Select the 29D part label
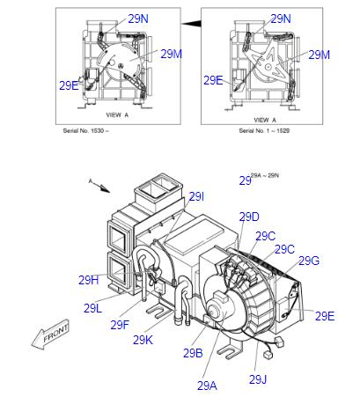click(249, 217)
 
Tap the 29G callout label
click(308, 261)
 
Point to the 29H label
click(88, 280)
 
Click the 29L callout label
click(94, 308)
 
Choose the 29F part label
click(120, 325)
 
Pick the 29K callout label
click(143, 340)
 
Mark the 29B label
click(193, 353)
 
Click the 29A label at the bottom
click(207, 385)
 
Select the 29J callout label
click(257, 379)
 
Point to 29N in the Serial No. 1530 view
click(138, 18)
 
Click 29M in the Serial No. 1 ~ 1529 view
click(319, 55)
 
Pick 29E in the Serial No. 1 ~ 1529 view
click(213, 80)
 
